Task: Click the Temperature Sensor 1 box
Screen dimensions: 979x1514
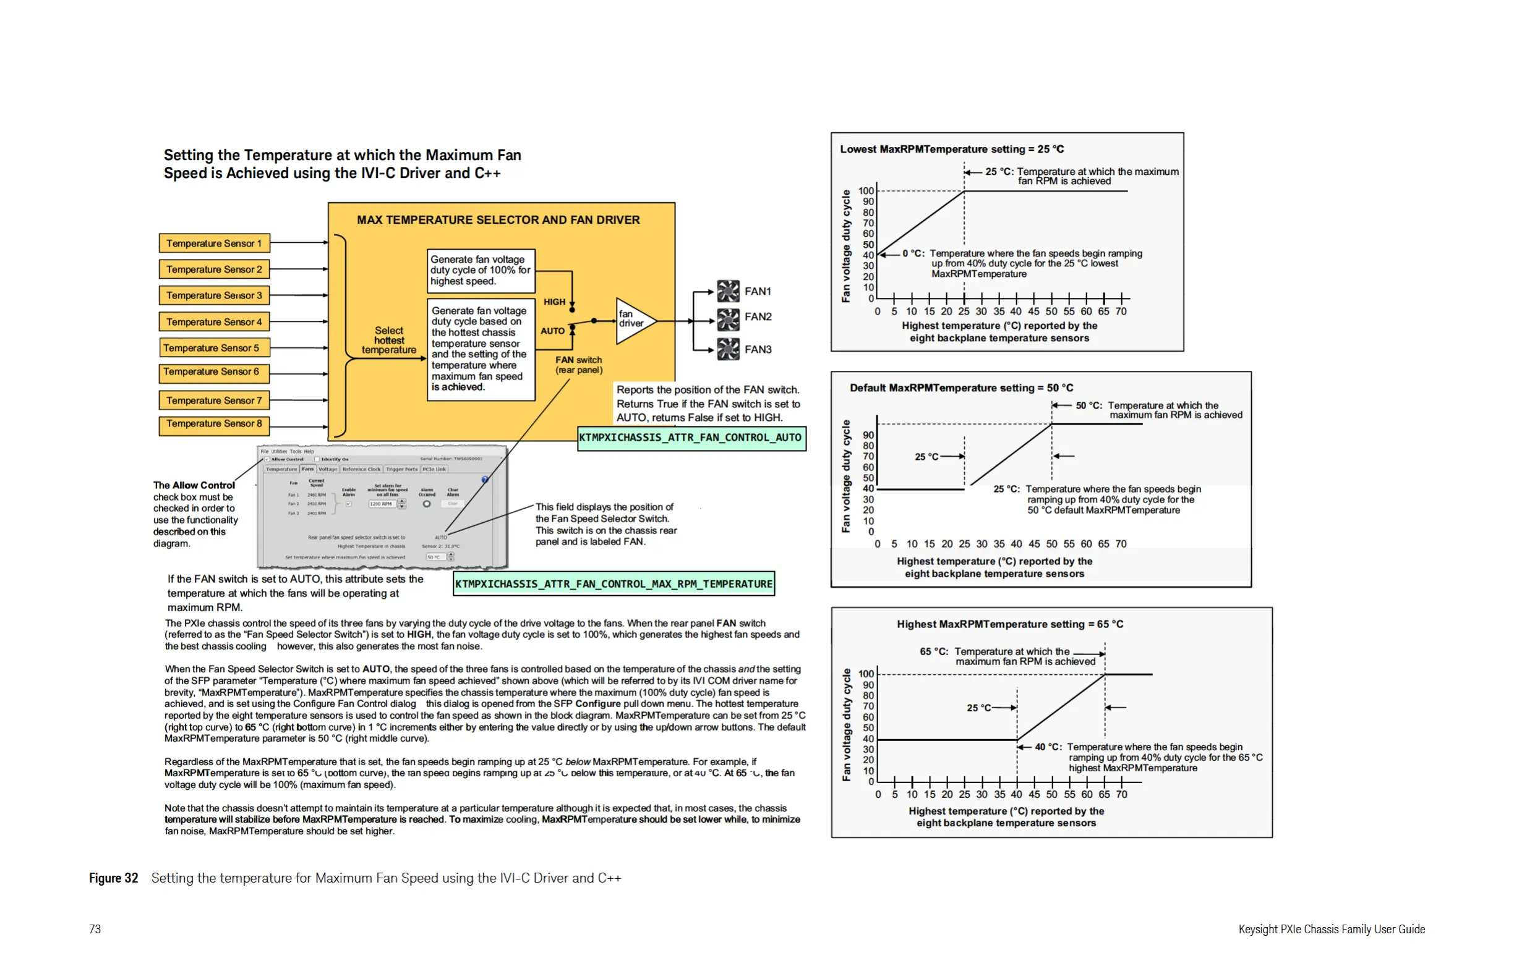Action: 214,244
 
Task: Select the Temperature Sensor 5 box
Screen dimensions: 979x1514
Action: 214,348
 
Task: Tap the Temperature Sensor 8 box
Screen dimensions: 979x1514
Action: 214,424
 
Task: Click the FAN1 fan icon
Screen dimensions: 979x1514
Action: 728,291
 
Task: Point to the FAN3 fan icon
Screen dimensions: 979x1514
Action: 728,349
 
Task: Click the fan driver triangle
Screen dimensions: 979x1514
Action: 633,320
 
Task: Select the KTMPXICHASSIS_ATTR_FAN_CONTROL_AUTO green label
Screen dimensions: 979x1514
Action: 691,438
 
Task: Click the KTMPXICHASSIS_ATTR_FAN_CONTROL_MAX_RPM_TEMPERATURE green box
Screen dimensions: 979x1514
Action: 614,583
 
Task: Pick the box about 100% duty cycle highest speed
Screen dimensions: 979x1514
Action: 481,270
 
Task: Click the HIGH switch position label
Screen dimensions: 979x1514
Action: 554,302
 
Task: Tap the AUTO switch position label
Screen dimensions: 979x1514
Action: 552,331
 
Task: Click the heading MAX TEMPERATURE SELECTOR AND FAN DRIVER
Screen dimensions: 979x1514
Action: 498,220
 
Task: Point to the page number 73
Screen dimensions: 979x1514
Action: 95,929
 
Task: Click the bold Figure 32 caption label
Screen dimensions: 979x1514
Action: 113,878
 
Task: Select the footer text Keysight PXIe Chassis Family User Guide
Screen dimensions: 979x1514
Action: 1331,929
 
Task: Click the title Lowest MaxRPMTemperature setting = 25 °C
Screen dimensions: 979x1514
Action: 952,150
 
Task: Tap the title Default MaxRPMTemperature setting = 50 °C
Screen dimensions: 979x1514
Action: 961,388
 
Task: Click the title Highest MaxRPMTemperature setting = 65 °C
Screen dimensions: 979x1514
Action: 1009,624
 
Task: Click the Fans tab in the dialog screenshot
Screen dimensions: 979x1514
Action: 308,469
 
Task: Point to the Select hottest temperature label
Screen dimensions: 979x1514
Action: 388,340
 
